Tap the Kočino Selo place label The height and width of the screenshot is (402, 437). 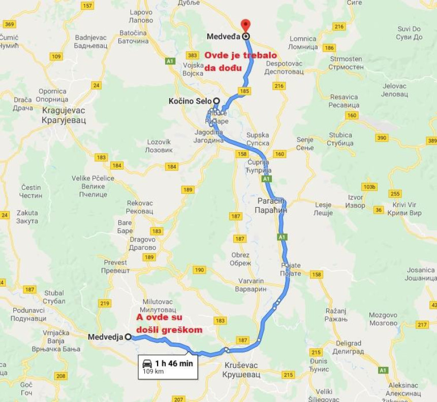(190, 102)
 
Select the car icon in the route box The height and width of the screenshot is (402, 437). (147, 363)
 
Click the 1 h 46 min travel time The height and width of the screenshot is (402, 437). (174, 363)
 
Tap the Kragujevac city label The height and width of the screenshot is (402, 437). (64, 115)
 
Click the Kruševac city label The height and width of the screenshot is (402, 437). (240, 370)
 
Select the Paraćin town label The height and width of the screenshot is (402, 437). (272, 206)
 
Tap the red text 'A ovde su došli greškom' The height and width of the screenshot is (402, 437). (169, 323)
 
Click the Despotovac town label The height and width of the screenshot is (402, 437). (284, 68)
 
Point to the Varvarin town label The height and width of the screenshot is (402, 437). (253, 285)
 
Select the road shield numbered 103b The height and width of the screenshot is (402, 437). (369, 187)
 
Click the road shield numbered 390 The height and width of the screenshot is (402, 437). (382, 138)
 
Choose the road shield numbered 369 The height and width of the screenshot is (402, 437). (9, 24)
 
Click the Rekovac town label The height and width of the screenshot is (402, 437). (140, 207)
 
